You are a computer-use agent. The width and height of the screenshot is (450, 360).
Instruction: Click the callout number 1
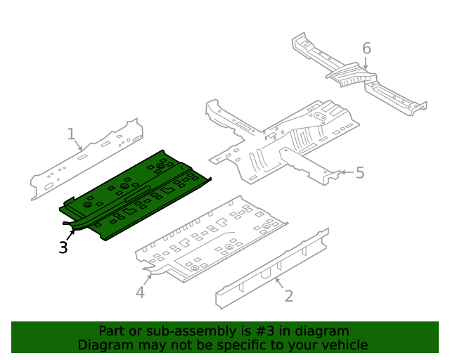(71, 133)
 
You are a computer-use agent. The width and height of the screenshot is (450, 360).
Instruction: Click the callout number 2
(288, 295)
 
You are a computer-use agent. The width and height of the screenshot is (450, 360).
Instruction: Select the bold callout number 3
(63, 247)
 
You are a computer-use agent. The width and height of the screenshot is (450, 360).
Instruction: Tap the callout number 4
(140, 292)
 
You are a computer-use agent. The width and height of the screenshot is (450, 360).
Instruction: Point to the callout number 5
(360, 172)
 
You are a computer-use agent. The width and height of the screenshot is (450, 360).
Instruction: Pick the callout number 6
(366, 48)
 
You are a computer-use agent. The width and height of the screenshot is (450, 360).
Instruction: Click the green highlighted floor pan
(134, 193)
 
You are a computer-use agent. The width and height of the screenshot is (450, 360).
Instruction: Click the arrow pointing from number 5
(345, 172)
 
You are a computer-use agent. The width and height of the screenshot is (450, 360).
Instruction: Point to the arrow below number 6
(366, 64)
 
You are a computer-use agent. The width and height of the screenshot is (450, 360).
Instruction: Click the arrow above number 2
(279, 283)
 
